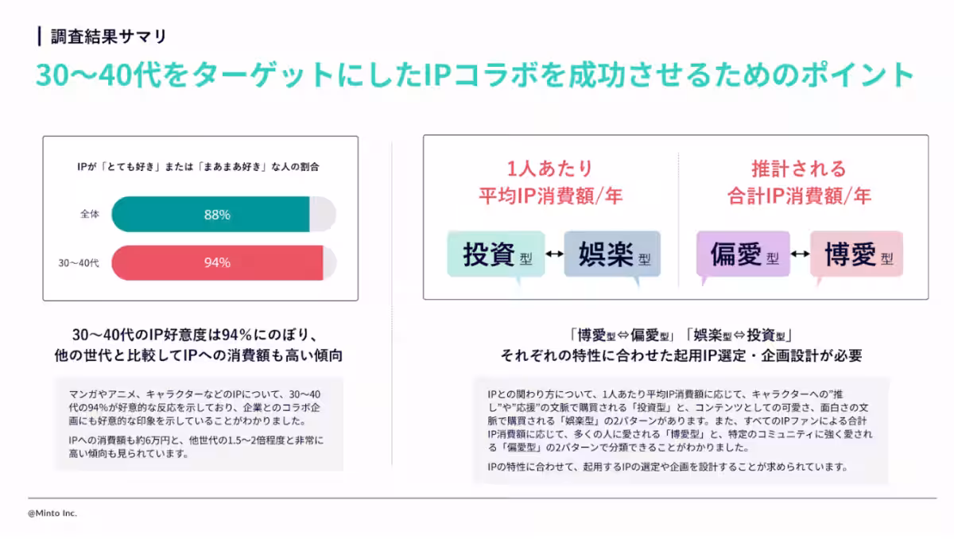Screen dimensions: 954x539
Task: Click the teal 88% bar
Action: [211, 214]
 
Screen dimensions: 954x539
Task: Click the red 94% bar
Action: [217, 262]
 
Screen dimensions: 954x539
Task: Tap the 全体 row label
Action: [89, 214]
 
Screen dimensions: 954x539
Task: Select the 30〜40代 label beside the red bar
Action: [79, 263]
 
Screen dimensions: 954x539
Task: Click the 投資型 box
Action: [496, 254]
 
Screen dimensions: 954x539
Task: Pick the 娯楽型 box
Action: [612, 254]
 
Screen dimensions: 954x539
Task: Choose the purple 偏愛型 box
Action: [743, 254]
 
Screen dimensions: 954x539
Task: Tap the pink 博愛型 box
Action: [856, 254]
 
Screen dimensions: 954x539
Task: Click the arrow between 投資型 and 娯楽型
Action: [555, 254]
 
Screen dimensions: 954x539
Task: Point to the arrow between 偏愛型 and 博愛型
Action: [801, 254]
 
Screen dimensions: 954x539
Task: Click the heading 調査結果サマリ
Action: [109, 37]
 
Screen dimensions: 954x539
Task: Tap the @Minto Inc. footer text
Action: [52, 513]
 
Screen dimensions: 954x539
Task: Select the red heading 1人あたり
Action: [550, 169]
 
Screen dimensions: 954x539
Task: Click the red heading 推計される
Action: [799, 169]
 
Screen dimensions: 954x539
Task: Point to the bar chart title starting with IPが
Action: [198, 167]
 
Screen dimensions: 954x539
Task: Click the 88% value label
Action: [217, 215]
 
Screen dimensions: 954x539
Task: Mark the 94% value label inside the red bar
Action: [217, 262]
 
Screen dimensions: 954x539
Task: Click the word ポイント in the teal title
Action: [857, 75]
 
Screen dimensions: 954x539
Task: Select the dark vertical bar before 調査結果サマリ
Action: [40, 37]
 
